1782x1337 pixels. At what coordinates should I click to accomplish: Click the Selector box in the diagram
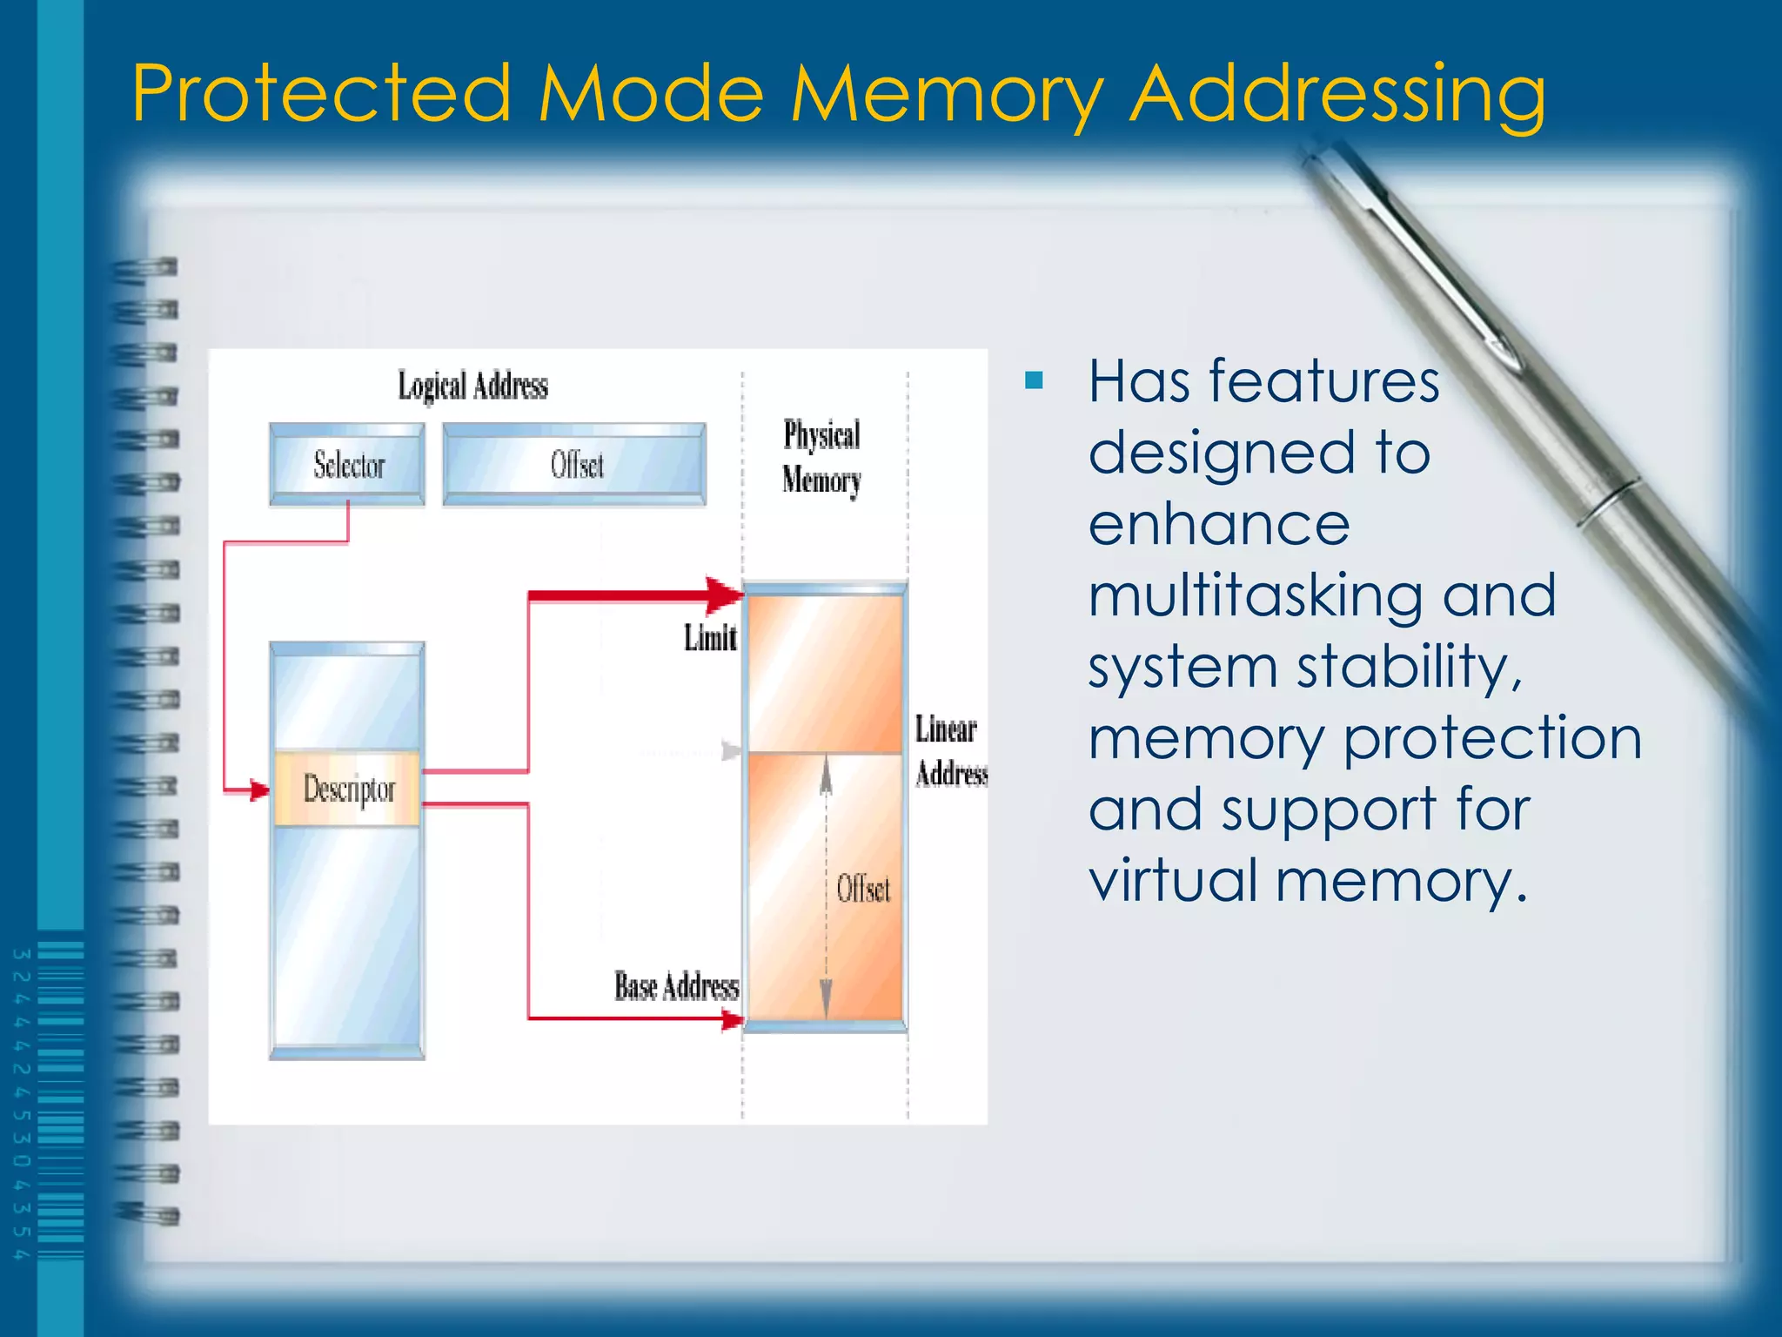click(x=347, y=464)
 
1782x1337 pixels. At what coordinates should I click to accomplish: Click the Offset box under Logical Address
click(x=574, y=464)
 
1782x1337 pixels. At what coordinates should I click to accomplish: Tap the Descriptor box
click(x=348, y=789)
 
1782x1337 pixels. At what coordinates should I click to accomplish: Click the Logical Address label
click(x=472, y=386)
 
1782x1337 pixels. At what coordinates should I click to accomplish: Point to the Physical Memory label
click(x=821, y=457)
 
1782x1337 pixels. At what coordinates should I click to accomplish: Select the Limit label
click(x=710, y=638)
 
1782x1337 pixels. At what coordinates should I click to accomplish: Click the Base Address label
click(x=676, y=986)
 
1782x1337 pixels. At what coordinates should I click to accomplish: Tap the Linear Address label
click(x=949, y=750)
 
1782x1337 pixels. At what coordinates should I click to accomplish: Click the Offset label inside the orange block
click(x=863, y=889)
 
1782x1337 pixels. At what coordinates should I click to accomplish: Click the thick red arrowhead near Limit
click(x=724, y=595)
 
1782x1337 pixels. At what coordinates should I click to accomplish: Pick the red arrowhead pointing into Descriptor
click(x=258, y=790)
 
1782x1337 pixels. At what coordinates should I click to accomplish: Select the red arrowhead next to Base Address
click(x=732, y=1019)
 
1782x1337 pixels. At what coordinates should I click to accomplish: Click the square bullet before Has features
click(x=1034, y=380)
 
